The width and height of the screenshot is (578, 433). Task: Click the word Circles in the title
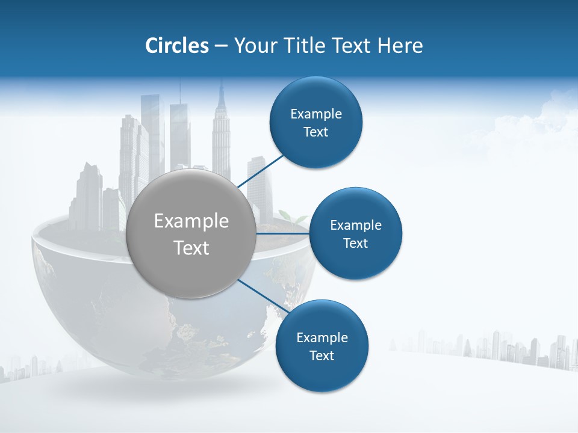(176, 46)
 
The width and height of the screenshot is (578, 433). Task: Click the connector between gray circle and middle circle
(282, 233)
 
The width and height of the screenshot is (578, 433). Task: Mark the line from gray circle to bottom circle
(264, 296)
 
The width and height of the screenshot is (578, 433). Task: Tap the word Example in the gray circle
(191, 221)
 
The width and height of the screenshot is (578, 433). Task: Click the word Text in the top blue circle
(315, 132)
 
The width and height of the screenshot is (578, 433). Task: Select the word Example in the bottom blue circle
(322, 337)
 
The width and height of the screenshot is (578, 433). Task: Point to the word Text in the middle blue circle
(355, 244)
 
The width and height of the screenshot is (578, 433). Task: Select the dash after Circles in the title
(221, 46)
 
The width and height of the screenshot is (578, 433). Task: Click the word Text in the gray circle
(191, 248)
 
